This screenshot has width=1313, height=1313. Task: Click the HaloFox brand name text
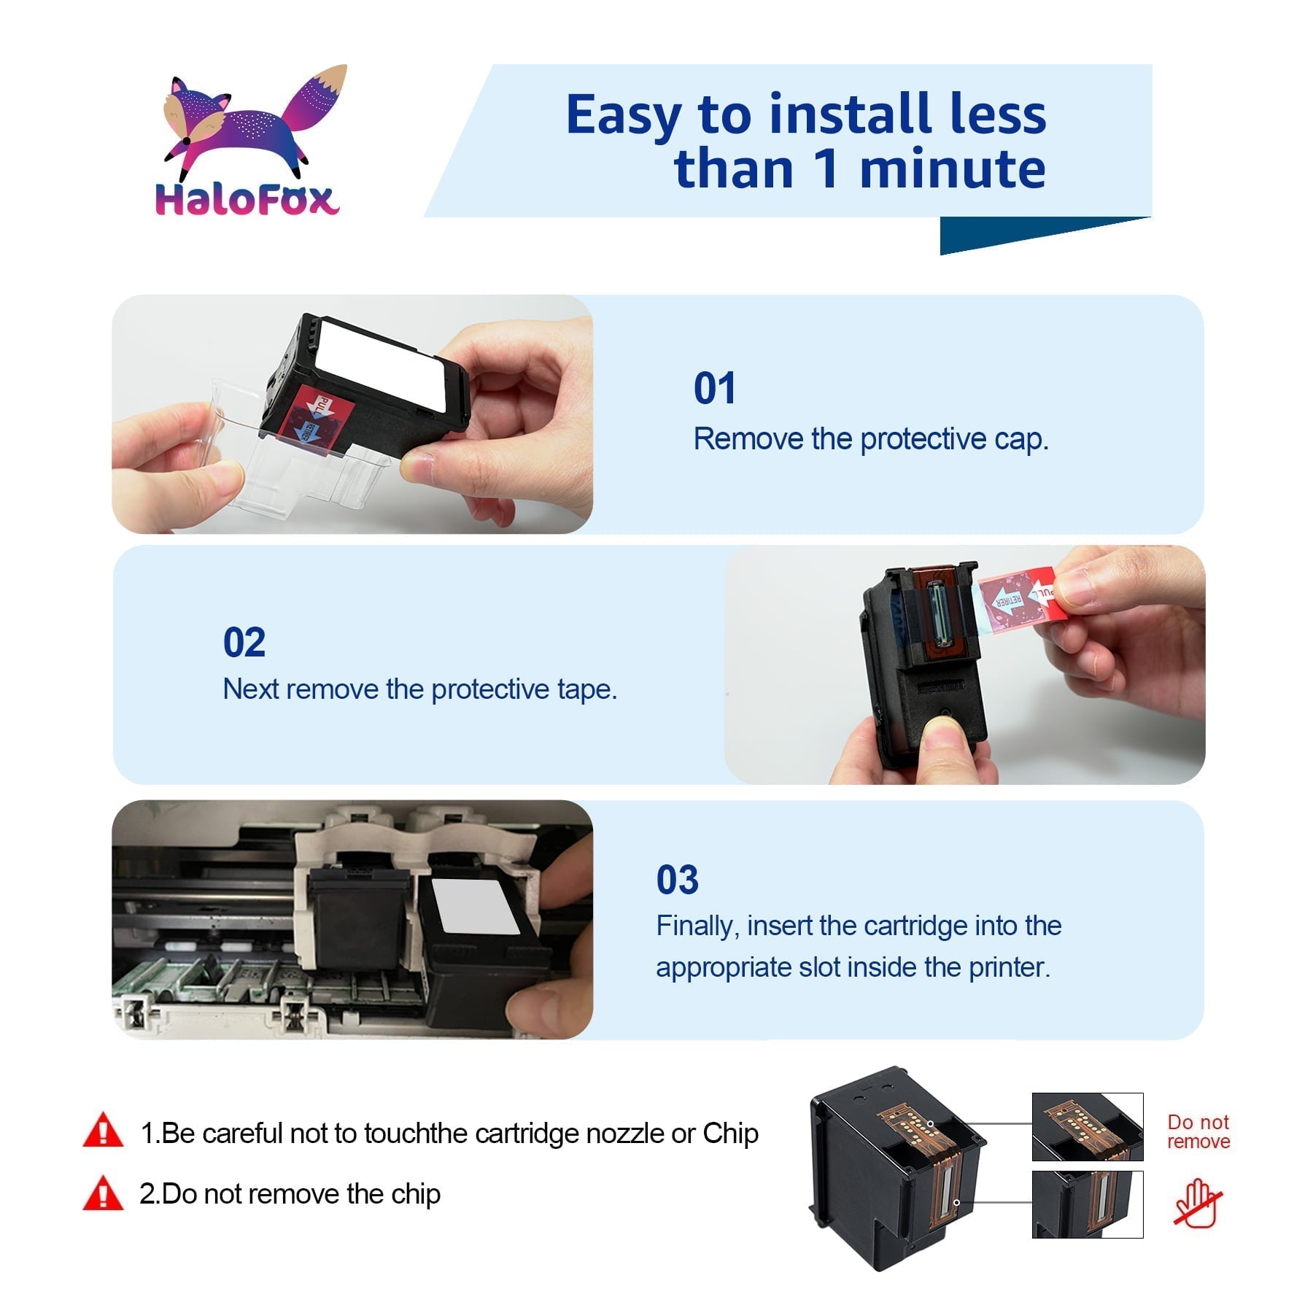pyautogui.click(x=247, y=199)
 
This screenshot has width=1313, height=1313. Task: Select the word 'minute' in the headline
pyautogui.click(x=953, y=169)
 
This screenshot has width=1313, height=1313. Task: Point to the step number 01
pyautogui.click(x=714, y=388)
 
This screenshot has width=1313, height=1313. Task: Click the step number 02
pyautogui.click(x=244, y=643)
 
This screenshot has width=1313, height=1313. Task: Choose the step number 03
pyautogui.click(x=677, y=880)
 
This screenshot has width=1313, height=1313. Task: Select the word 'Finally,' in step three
pyautogui.click(x=697, y=926)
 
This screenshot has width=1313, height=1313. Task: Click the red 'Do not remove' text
pyautogui.click(x=1198, y=1131)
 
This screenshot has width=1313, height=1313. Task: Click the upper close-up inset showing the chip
pyautogui.click(x=1087, y=1127)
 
